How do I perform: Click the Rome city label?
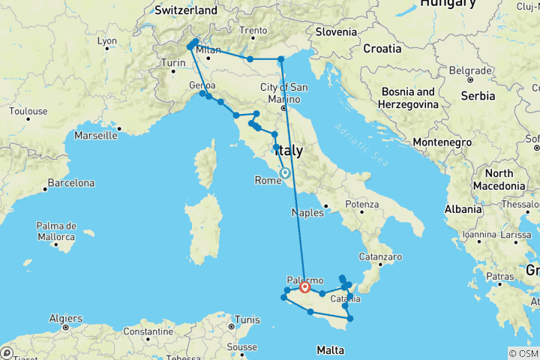click(x=267, y=181)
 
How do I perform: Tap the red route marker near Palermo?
click(x=305, y=286)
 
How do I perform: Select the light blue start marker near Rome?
click(x=285, y=173)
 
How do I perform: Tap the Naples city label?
click(x=308, y=213)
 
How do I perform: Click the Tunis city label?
click(x=245, y=298)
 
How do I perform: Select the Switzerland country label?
click(x=186, y=10)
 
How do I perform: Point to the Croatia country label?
click(x=382, y=49)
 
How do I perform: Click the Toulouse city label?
click(x=28, y=112)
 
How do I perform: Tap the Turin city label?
click(x=174, y=64)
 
